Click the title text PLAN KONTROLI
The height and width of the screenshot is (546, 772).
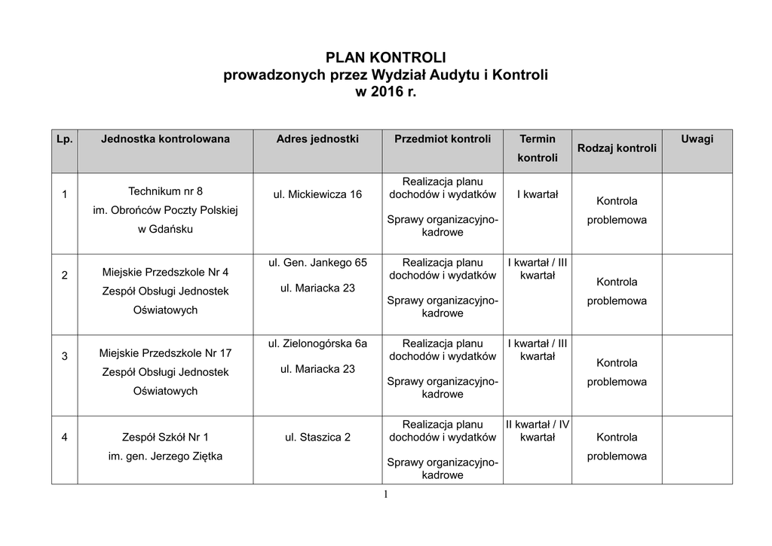point(385,58)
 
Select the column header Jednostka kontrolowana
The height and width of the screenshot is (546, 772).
point(165,139)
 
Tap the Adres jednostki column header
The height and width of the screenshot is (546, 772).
point(317,139)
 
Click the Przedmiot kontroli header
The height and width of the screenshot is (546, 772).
point(443,139)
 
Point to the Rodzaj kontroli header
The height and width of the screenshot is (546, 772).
point(617,148)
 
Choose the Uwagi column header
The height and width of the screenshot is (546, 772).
point(697,139)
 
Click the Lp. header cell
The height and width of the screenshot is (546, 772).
point(64,139)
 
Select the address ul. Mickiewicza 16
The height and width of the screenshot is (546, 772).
point(317,195)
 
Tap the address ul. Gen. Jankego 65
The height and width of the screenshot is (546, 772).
point(317,263)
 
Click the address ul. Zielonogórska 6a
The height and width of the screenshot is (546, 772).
point(317,344)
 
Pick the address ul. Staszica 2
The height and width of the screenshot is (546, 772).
point(317,438)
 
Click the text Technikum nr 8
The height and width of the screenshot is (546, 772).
point(165,191)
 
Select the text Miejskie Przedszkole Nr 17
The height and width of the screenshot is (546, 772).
point(165,353)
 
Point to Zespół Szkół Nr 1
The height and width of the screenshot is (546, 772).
point(165,437)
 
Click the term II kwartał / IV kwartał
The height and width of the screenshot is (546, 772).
point(538,431)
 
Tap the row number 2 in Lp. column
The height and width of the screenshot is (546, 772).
point(64,276)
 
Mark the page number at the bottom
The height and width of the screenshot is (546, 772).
point(385,495)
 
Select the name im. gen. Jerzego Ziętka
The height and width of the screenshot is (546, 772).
point(165,456)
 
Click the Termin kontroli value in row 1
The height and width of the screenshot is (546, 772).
point(538,195)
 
